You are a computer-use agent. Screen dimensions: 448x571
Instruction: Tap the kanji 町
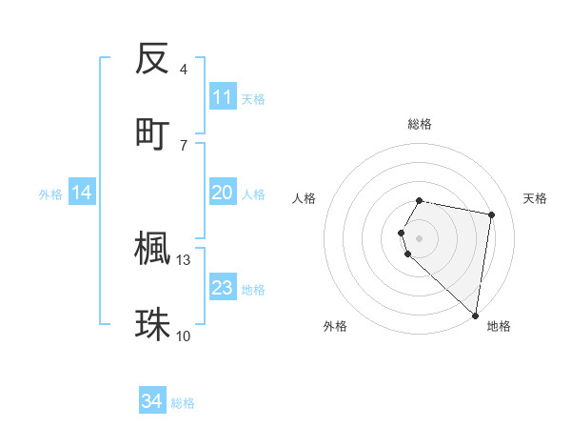[x=152, y=134]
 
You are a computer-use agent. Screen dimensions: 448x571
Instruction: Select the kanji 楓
[x=152, y=249]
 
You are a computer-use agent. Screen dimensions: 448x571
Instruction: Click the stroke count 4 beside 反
[x=184, y=70]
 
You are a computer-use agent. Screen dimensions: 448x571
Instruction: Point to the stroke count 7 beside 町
[x=184, y=145]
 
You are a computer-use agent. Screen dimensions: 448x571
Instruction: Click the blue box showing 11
[x=223, y=97]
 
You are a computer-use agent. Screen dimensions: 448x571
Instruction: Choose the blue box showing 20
[x=223, y=193]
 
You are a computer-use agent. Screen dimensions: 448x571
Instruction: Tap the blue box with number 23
[x=223, y=288]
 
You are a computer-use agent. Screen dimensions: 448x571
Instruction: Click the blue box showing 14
[x=82, y=193]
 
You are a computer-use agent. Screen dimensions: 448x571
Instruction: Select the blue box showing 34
[x=152, y=401]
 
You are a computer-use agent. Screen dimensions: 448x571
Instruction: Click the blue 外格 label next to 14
[x=50, y=194]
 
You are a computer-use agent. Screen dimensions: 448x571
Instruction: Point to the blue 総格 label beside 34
[x=183, y=403]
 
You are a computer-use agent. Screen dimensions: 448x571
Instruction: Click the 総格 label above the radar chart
[x=420, y=125]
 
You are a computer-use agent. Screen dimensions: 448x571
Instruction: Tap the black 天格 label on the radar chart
[x=536, y=198]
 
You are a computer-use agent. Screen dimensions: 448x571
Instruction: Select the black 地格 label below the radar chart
[x=499, y=326]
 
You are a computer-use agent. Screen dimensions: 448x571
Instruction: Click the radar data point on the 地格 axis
[x=475, y=315]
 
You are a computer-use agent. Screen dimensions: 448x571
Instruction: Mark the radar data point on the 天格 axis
[x=491, y=214]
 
